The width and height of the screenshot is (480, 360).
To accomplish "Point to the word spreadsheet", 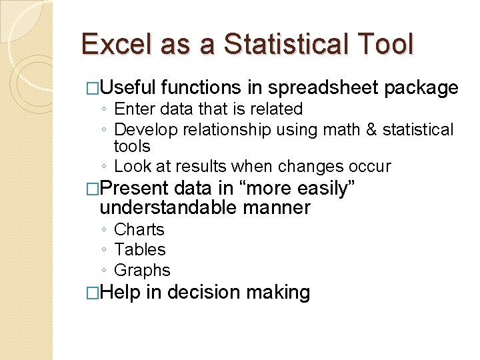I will (x=323, y=87).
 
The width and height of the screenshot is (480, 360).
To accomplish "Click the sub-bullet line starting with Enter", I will (x=208, y=109).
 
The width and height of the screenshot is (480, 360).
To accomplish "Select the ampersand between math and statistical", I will (x=371, y=129).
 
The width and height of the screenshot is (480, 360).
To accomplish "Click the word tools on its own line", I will (x=132, y=147).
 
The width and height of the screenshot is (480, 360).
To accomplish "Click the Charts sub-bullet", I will (x=139, y=229).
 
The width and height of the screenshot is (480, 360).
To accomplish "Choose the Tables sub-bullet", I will (x=139, y=249).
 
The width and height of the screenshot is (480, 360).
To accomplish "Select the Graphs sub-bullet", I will (x=142, y=270).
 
